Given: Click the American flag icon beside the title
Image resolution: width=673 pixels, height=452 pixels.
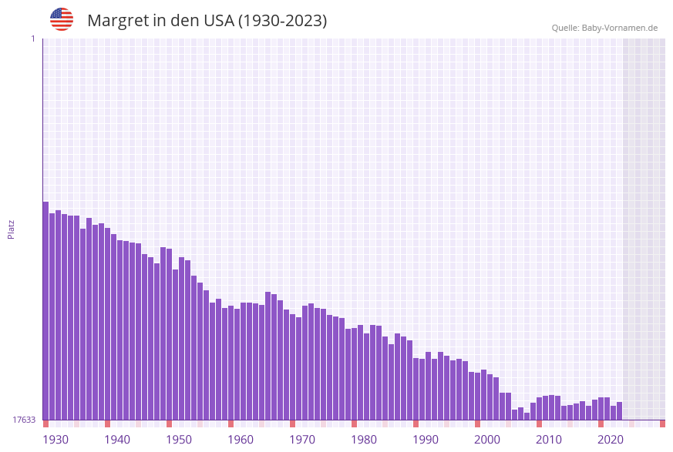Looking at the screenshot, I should pos(62,19).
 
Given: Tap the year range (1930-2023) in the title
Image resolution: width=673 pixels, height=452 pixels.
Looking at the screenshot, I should pos(282,21).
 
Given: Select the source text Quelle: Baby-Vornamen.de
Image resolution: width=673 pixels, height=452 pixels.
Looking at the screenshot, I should pos(604,28).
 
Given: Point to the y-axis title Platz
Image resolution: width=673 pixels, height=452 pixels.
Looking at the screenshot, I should pos(12,229).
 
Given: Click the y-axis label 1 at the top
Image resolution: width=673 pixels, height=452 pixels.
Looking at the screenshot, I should pos(32,39).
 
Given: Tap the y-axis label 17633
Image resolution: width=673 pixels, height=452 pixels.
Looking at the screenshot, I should pos(24,420).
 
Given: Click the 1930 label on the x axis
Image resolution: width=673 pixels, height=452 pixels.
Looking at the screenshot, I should pos(56,440).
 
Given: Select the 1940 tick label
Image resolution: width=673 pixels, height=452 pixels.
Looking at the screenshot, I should pos(117,440).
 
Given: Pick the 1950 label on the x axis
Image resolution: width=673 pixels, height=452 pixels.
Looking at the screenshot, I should pos(179,440).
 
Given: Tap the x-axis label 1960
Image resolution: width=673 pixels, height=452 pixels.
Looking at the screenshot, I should pos(241,440).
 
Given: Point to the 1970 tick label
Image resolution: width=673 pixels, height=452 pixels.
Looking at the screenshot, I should pos(302,440).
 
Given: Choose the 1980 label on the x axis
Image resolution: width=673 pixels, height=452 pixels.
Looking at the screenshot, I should pos(364,440).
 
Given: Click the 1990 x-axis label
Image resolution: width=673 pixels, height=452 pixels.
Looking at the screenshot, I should pos(426,440).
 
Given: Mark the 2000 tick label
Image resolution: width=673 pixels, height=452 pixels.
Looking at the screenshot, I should pos(487,440).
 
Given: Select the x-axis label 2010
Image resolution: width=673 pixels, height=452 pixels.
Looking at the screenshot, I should pos(549,440).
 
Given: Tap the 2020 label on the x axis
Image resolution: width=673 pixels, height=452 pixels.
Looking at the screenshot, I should pos(611,440).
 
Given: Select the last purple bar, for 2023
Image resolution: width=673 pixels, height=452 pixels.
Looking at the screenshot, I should pos(619,410).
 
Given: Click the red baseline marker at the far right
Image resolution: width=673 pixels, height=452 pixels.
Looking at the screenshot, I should pos(662,424).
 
